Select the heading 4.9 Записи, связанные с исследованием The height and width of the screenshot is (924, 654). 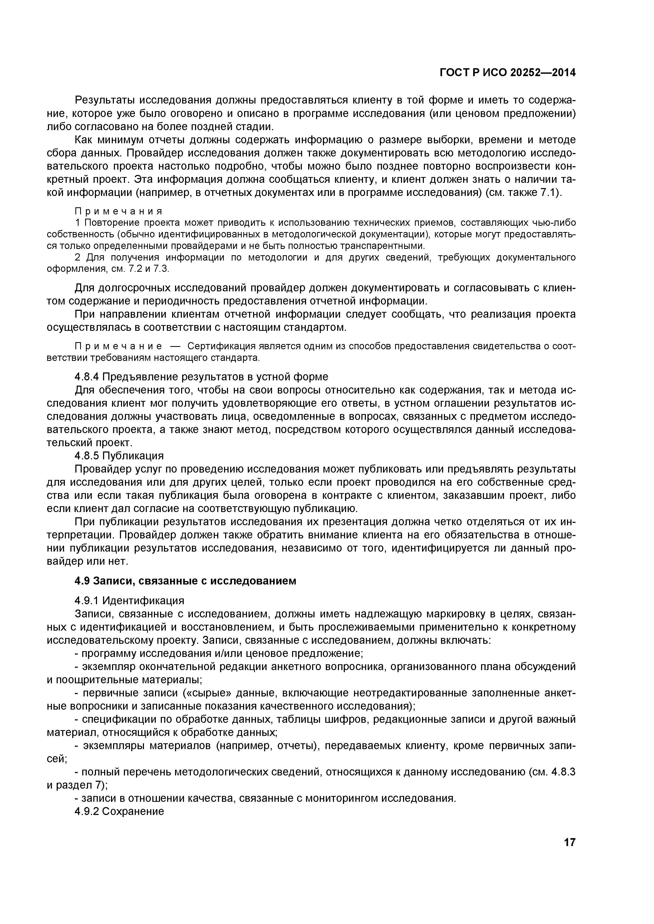pyautogui.click(x=185, y=581)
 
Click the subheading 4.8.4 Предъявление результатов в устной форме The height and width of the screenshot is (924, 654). pyautogui.click(x=201, y=377)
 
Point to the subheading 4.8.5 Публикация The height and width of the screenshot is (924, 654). pyautogui.click(x=119, y=456)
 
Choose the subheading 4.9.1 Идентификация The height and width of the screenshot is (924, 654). pyautogui.click(x=129, y=601)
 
